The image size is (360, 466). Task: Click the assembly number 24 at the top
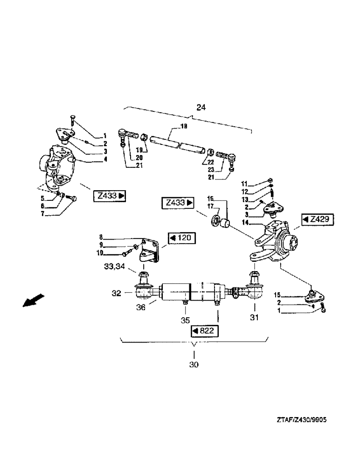coord(201,108)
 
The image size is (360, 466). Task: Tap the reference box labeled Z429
coord(318,219)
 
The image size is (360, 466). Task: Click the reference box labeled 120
coord(181,239)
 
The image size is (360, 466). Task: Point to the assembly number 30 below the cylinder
coord(194,364)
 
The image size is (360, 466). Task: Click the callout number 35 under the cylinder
coord(186,321)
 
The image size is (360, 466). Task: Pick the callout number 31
coord(255,318)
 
